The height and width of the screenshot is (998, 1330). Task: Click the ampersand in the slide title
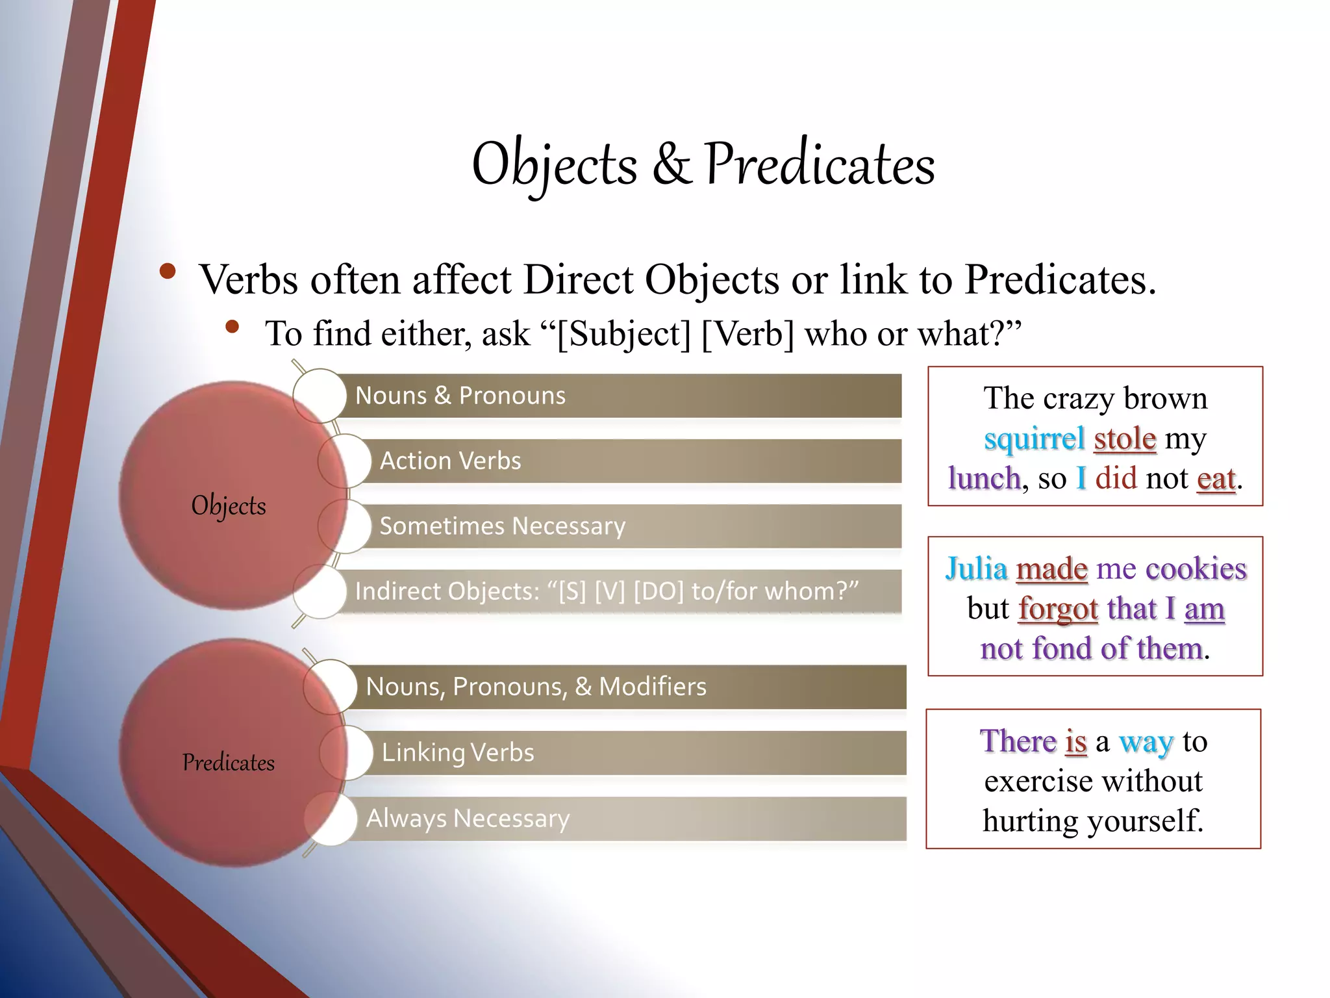672,164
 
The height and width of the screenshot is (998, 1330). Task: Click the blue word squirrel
1034,439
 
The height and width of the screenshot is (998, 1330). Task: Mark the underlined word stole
1125,439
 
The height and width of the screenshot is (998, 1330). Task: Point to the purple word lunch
984,479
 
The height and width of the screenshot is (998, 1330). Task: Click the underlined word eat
1216,479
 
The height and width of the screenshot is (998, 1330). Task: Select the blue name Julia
976,569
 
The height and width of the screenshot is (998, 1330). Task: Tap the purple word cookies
1196,569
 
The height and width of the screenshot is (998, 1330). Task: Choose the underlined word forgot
1058,609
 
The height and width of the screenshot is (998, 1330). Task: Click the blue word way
1146,741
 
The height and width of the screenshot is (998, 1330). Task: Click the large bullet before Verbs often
168,272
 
